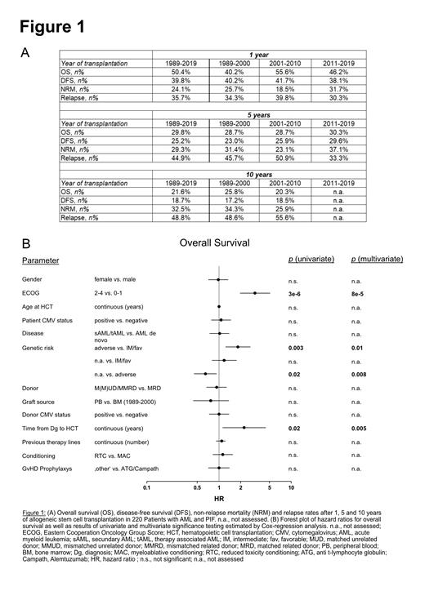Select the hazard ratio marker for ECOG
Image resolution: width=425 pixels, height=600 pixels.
255,293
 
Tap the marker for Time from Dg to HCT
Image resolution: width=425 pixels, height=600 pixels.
244,427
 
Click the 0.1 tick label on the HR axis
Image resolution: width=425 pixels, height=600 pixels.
146,489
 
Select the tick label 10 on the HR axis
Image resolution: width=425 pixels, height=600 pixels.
291,489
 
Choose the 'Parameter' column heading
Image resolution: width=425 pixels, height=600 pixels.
41,261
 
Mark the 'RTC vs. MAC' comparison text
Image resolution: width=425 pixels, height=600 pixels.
112,455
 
